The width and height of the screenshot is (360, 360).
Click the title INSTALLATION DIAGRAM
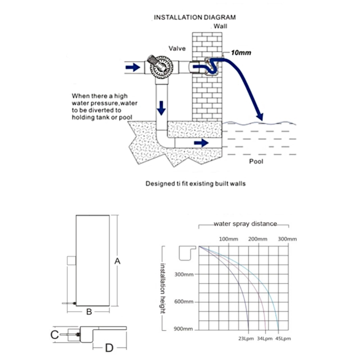pos(195,18)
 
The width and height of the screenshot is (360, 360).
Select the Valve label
pos(177,48)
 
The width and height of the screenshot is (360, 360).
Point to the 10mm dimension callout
pos(241,53)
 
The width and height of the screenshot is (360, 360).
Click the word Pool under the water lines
pos(256,161)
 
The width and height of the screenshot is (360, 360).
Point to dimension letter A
pos(117,260)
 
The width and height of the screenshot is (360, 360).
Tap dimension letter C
pos(54,334)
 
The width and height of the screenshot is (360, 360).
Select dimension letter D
pos(108,347)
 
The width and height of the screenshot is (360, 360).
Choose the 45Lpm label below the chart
pos(283,339)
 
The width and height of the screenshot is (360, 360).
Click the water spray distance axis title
pos(245,224)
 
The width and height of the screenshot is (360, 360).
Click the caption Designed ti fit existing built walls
pos(195,184)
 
